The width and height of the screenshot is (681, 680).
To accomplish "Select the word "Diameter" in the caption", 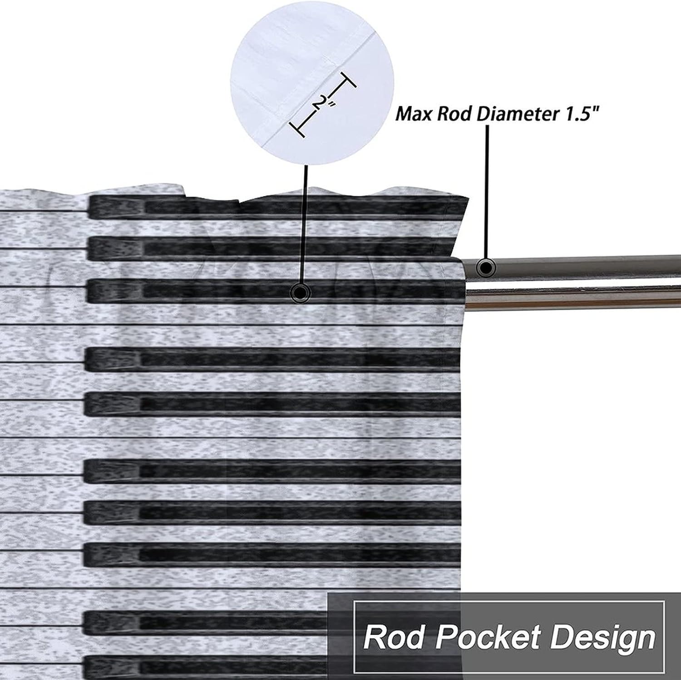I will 517,114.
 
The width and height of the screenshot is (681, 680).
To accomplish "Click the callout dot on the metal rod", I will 485,268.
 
